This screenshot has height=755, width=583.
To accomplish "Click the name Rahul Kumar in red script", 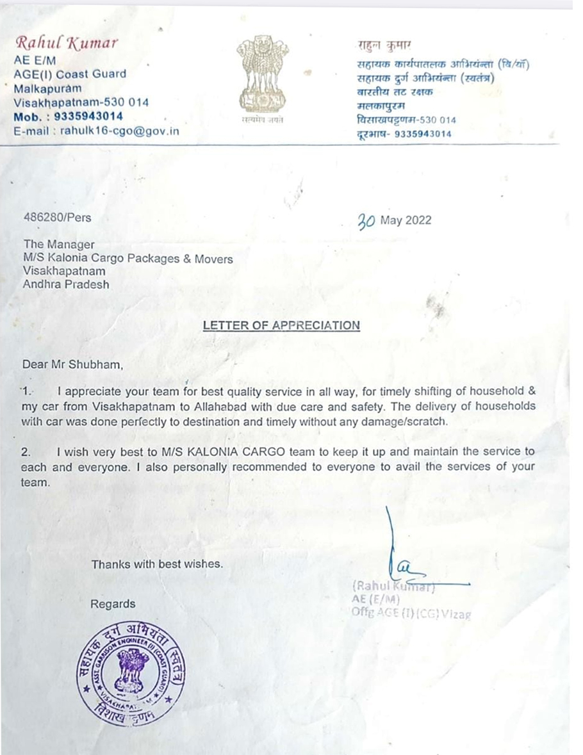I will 67,44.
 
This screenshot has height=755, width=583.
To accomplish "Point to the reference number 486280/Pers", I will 57,218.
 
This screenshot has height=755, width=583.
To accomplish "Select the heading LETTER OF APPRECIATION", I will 281,325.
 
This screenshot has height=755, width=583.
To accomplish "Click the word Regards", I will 113,604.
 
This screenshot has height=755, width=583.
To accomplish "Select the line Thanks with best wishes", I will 157,565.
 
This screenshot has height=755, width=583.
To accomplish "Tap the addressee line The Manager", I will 58,244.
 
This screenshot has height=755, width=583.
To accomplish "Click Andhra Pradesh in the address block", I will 66,284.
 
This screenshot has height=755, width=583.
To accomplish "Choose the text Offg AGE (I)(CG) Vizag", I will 411,613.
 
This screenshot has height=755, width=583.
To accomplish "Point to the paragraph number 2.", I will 26,451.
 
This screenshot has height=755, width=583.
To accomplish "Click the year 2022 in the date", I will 418,220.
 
